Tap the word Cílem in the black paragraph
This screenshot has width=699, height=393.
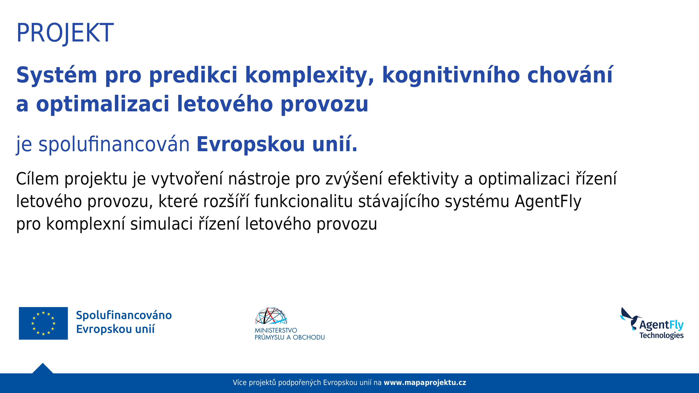click(x=37, y=179)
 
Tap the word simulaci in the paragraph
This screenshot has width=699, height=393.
click(x=161, y=224)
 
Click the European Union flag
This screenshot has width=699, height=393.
click(x=44, y=323)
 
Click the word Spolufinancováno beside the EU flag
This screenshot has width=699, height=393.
click(x=124, y=315)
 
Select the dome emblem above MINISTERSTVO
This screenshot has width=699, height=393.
click(x=271, y=316)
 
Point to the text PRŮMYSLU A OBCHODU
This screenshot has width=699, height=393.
click(x=290, y=337)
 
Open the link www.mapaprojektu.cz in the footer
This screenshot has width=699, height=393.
click(x=425, y=383)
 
